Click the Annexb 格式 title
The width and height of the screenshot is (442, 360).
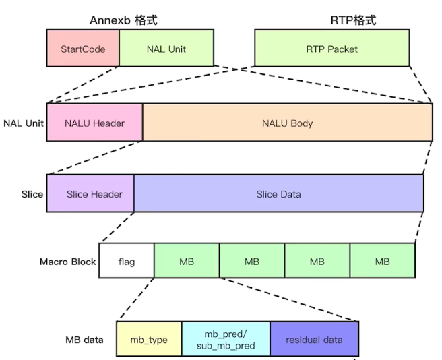coord(123,20)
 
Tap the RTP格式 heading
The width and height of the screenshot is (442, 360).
coord(353,20)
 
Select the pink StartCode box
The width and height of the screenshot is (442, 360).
coord(83,48)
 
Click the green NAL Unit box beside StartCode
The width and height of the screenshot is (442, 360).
coord(166,48)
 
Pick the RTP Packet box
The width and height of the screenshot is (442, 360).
coord(331,48)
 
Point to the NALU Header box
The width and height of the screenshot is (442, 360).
coord(95,123)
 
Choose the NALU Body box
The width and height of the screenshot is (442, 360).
coord(288,123)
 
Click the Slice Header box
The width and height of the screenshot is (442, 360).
coord(90,193)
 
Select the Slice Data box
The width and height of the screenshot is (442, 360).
coord(279,193)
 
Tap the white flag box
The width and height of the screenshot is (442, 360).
coord(127,261)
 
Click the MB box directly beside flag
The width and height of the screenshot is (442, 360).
coord(187,261)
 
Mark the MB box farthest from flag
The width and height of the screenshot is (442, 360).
coord(383,261)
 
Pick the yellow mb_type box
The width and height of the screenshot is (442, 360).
coord(149,338)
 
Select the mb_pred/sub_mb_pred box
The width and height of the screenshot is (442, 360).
coord(226,338)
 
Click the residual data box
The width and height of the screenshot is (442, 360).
coord(314,338)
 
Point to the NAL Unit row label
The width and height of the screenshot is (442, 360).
coord(24,123)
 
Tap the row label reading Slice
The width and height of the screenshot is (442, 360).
coord(32,194)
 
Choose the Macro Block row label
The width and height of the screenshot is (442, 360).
coord(67,262)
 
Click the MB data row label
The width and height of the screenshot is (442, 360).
coord(84,340)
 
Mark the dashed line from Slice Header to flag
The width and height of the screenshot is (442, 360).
coord(118,227)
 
